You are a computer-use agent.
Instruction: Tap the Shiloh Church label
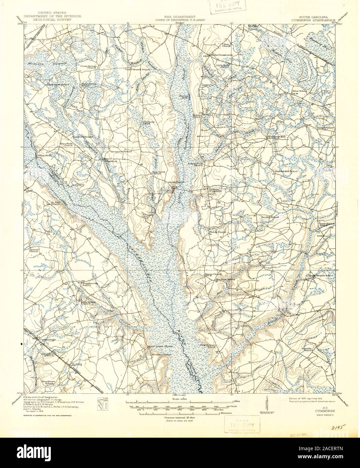218,232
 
